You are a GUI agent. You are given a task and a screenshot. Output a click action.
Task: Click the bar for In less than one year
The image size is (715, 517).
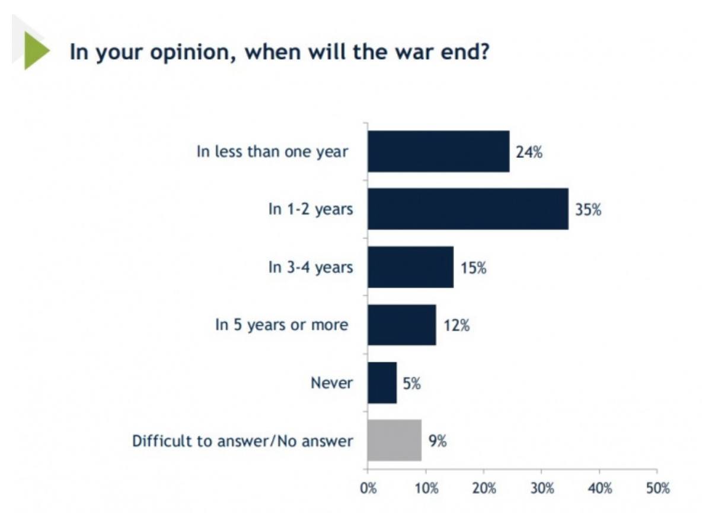click(438, 151)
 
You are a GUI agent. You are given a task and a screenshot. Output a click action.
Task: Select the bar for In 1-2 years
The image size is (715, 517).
click(468, 209)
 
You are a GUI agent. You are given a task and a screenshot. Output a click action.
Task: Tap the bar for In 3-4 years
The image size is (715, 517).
click(410, 267)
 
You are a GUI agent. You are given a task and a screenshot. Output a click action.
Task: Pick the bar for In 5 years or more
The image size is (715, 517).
click(401, 325)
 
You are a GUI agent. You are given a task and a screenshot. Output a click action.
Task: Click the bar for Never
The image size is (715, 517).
click(382, 383)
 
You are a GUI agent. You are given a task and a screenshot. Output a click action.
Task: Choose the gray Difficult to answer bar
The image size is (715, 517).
click(394, 440)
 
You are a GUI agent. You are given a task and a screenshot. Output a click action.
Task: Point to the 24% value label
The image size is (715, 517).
click(529, 152)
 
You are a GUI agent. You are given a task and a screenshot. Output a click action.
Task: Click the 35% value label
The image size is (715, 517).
click(588, 210)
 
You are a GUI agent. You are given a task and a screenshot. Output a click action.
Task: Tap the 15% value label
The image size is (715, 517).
click(473, 268)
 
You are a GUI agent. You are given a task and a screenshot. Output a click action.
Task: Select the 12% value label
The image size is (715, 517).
click(456, 325)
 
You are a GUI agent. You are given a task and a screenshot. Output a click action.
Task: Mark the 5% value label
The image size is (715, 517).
click(411, 383)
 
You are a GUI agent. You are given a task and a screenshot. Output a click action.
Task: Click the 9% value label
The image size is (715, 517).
click(438, 441)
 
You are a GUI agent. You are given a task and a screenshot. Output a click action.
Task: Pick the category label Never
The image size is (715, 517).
click(331, 383)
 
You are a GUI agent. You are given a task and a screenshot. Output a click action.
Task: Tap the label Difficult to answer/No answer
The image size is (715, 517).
click(242, 441)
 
